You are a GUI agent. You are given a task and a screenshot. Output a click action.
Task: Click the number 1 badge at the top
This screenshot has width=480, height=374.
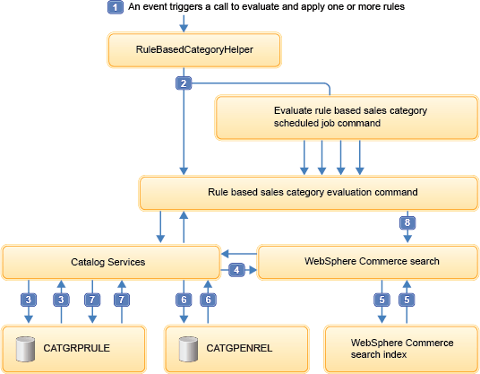pos(116,7)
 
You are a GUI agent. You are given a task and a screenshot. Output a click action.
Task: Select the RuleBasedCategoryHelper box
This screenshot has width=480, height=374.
pos(194,49)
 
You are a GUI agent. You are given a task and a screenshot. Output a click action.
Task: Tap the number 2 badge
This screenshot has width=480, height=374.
pos(184,83)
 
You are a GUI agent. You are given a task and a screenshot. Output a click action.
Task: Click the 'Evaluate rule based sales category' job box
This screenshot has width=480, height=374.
pos(347,117)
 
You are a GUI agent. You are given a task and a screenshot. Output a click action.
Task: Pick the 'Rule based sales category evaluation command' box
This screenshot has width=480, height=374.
pos(309,193)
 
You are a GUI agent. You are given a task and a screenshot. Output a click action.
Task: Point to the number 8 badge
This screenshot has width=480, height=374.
pos(407,222)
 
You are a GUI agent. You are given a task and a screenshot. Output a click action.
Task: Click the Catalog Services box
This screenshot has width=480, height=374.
pos(111,262)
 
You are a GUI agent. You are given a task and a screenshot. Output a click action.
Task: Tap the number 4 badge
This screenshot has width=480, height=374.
pos(236,270)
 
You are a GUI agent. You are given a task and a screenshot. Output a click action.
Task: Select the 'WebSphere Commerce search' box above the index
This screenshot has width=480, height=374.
pos(368,262)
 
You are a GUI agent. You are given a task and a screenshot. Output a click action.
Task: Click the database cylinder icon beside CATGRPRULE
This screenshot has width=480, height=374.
pos(25,349)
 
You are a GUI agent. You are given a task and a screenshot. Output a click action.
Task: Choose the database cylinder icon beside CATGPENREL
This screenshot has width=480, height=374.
pos(188,349)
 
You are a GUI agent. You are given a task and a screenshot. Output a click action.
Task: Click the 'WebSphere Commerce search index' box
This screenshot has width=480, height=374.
pos(401,349)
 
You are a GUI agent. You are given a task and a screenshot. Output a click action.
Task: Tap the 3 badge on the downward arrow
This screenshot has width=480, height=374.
pos(29,300)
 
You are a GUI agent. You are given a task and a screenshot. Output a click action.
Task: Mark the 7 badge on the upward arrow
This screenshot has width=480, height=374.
pos(122,300)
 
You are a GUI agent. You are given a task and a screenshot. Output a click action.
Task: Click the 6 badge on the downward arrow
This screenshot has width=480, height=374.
pos(184,300)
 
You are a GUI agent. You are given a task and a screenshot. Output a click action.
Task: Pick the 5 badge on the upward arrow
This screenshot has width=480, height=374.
pos(407,300)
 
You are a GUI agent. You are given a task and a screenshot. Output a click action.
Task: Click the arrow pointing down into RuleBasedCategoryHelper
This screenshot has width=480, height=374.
pos(184,23)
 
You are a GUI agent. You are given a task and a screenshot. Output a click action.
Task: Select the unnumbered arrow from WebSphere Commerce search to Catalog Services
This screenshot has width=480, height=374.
pos(239,254)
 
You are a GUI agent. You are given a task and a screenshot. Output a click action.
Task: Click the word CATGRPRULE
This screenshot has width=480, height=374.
pos(76,348)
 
